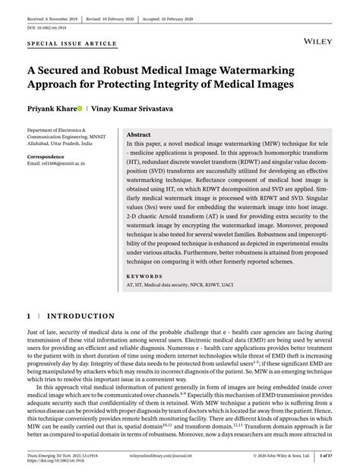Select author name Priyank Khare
click(x=49, y=109)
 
